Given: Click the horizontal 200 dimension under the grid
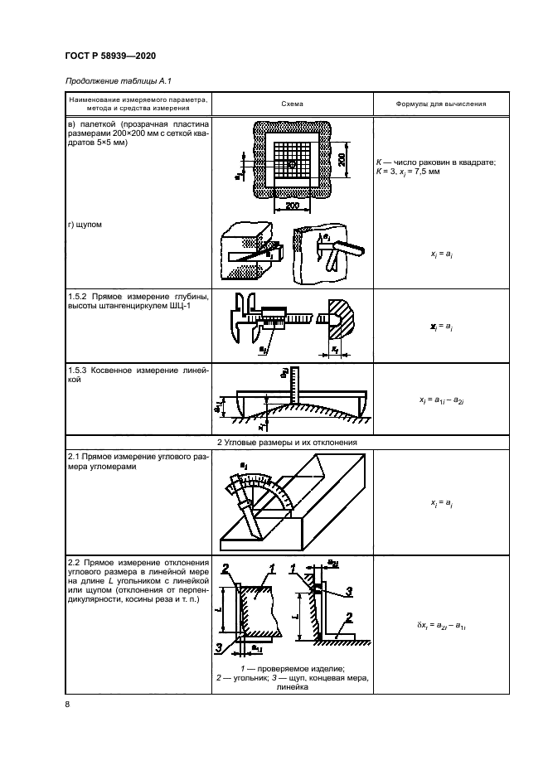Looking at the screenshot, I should [292, 204].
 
